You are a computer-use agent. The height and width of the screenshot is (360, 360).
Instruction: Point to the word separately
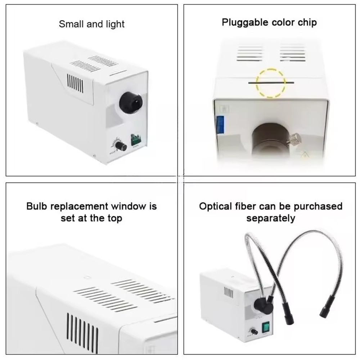coord(271,218)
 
